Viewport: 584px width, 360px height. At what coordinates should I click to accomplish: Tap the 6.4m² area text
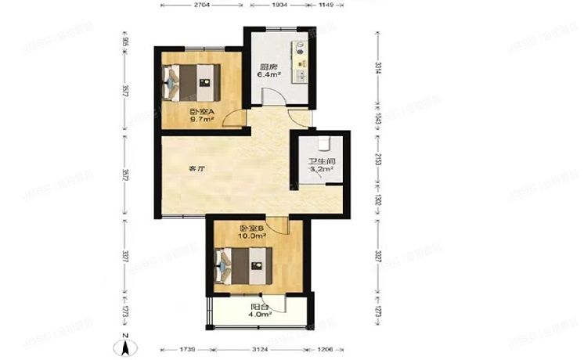(270, 76)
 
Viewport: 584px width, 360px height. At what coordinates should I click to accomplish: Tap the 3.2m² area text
(321, 169)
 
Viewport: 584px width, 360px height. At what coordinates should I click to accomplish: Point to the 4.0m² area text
(261, 315)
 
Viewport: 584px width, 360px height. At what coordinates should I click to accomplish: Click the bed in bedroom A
(190, 79)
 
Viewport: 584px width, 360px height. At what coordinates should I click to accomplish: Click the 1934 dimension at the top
(279, 5)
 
